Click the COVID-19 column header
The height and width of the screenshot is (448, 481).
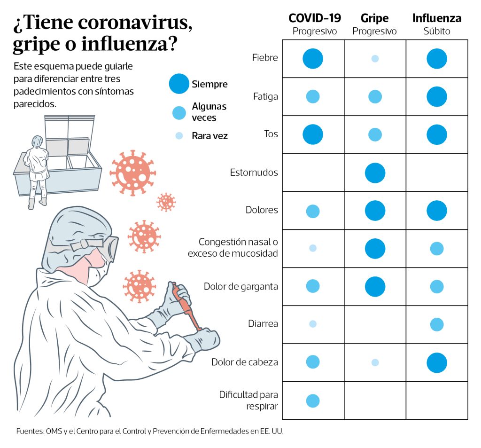pyautogui.click(x=314, y=18)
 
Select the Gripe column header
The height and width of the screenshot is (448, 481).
pyautogui.click(x=374, y=18)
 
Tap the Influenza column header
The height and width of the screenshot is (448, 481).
pyautogui.click(x=437, y=18)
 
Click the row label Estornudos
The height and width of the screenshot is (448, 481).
pyautogui.click(x=254, y=173)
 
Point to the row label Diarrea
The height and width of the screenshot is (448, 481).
pyautogui.click(x=263, y=324)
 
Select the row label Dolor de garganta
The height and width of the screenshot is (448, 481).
pyautogui.click(x=241, y=286)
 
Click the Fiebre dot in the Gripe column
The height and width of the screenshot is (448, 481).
pyautogui.click(x=375, y=59)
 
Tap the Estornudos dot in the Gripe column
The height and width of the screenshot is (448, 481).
pyautogui.click(x=375, y=173)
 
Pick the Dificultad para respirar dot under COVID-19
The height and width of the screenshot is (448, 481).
pyautogui.click(x=313, y=401)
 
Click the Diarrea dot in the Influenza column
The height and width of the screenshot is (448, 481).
pyautogui.click(x=437, y=324)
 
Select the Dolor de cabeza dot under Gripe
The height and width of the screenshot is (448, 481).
pyautogui.click(x=375, y=362)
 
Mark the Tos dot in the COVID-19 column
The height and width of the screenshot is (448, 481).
pyautogui.click(x=313, y=134)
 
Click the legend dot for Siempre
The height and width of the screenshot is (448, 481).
pyautogui.click(x=179, y=84)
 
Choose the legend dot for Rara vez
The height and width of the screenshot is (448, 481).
pyautogui.click(x=179, y=136)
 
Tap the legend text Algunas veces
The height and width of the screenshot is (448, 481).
pyautogui.click(x=209, y=112)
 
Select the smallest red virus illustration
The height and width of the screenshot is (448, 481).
pyautogui.click(x=166, y=202)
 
